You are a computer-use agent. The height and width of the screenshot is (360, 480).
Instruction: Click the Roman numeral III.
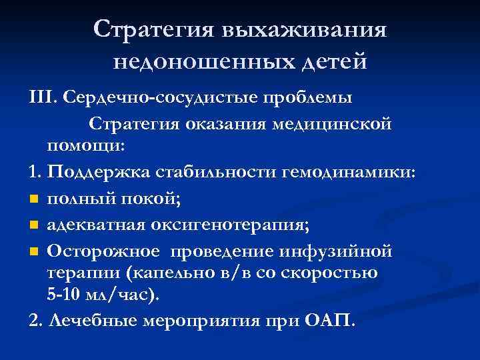tap(43, 98)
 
